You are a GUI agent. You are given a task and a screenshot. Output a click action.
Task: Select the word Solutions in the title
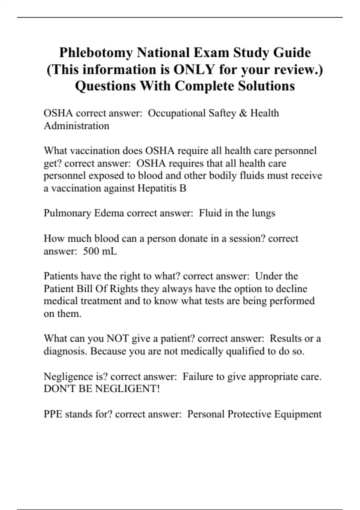click(x=266, y=86)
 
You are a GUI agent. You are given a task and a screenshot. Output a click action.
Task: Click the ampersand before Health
click(x=243, y=113)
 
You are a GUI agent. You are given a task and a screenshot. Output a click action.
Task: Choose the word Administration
click(x=76, y=126)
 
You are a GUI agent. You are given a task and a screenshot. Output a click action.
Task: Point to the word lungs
click(x=263, y=213)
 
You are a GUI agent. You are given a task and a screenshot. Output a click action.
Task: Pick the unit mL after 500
click(x=109, y=251)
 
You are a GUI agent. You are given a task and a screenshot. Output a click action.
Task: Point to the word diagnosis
click(x=66, y=351)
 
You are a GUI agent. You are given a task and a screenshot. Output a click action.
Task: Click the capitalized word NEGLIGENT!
click(x=127, y=389)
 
